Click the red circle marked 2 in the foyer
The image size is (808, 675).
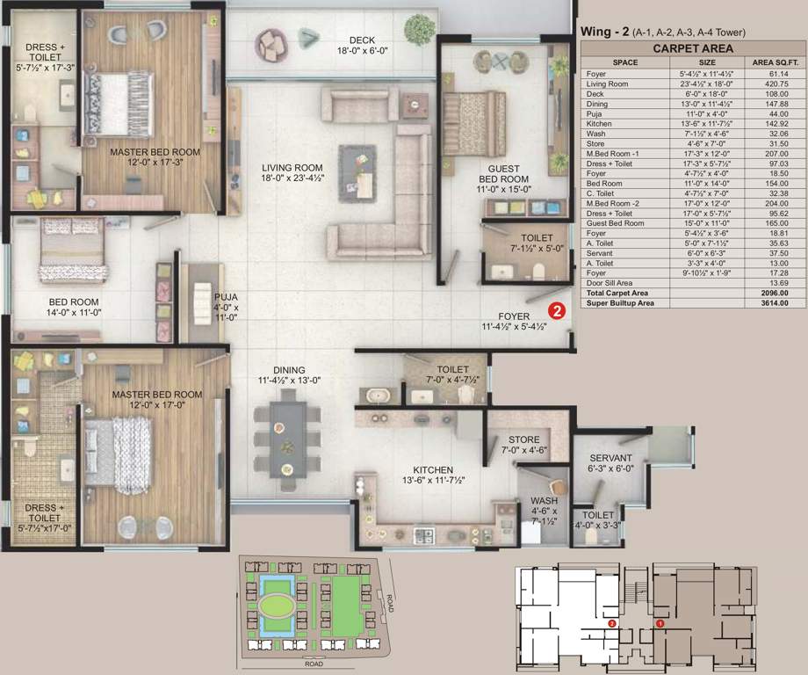pos(556,309)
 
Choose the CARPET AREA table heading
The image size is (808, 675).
pos(693,49)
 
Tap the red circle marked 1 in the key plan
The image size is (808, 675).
pos(660,623)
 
